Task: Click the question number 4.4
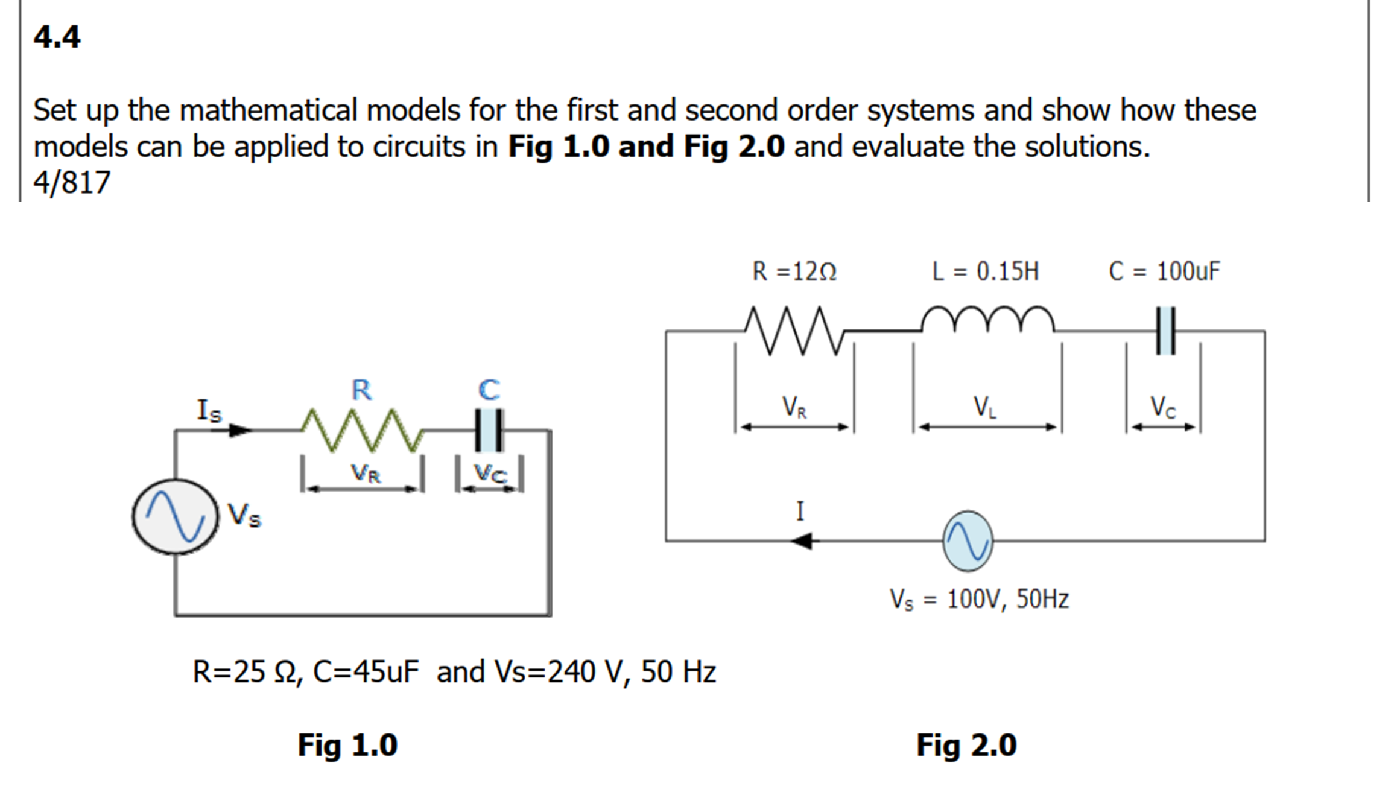coord(57,37)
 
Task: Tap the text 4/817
coord(72,182)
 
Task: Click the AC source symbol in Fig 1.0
coord(176,516)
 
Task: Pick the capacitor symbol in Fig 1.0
coord(489,431)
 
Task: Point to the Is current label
coord(209,411)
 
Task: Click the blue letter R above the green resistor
coord(362,390)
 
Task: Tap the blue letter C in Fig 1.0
coord(489,390)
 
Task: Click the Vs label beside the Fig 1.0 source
coord(244,515)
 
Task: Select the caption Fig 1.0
coord(347,745)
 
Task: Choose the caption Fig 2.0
coord(966,745)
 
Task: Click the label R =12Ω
coord(794,271)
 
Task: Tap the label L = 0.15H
coord(986,271)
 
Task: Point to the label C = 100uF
coord(1164,271)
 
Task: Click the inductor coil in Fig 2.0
coord(988,320)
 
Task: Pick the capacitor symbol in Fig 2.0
coord(1166,331)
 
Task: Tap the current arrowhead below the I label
coord(802,541)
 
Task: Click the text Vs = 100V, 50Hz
coord(980,599)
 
